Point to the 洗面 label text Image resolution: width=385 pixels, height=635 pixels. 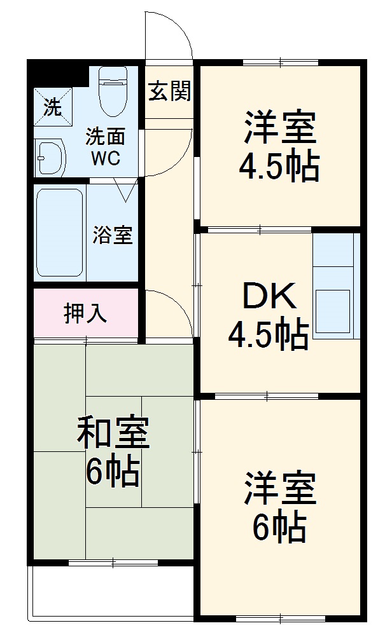coord(105,137)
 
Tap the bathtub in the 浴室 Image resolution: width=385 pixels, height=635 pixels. coord(59,231)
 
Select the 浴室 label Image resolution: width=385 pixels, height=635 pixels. coord(112,235)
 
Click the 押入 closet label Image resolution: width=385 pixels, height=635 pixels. coord(85,313)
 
